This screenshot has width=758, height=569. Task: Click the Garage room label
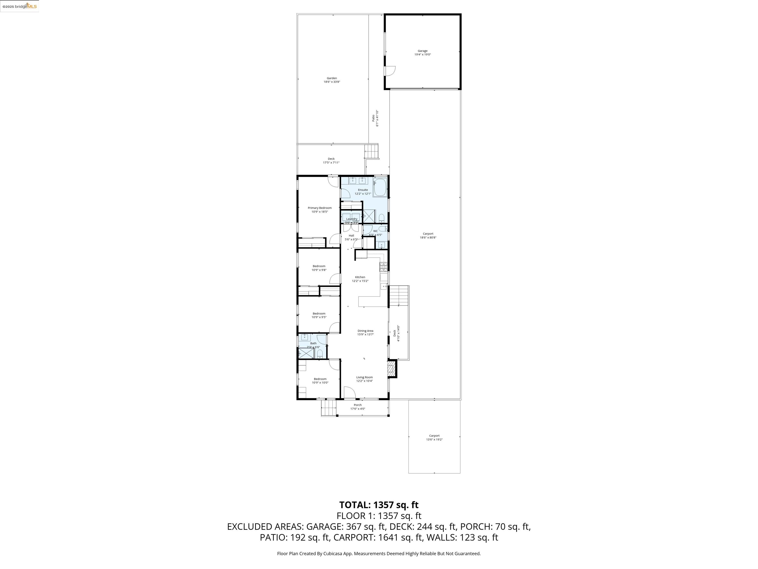coord(422,52)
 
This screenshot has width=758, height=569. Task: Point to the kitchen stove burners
coord(383,265)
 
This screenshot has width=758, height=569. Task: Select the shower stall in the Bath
coord(305,353)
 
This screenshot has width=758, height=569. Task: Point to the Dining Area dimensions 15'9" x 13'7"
coord(365,334)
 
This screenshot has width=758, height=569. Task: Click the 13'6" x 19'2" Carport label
coord(434,438)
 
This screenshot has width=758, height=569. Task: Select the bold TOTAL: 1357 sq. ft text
coord(379,505)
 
